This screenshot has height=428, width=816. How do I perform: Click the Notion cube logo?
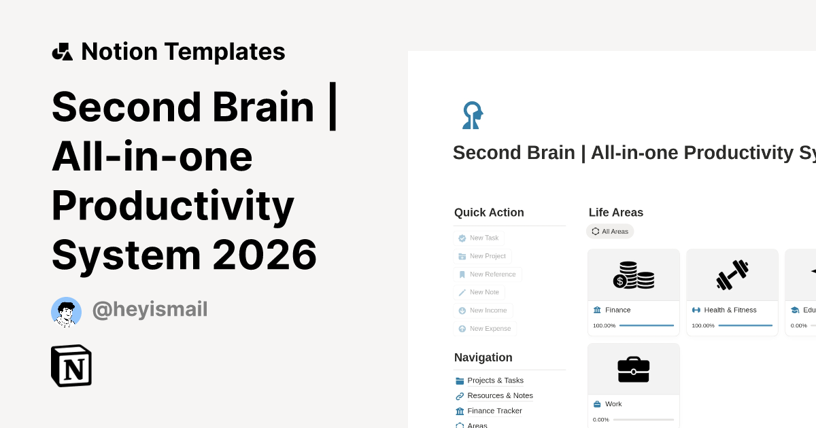71,365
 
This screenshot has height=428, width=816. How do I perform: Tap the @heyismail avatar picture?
66,312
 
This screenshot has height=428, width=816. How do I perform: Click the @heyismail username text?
150,310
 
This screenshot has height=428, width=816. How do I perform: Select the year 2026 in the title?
265,255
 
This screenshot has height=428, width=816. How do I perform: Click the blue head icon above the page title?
472,115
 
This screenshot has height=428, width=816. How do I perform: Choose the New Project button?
482,256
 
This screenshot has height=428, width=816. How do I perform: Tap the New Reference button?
487,274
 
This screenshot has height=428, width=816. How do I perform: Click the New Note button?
479,292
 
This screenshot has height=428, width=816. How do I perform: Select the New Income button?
483,310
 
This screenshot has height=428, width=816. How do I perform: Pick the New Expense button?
485,329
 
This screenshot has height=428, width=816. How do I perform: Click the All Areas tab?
610,232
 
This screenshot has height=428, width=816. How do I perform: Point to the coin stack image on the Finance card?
634,275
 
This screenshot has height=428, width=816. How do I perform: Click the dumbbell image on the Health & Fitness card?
732,275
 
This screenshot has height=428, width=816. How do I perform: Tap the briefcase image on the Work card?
634,370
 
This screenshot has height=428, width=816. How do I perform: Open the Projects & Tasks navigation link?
495,380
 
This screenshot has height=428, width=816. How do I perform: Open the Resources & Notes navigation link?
500,395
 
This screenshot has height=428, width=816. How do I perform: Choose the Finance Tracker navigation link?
494,411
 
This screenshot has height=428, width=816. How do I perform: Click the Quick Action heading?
489,213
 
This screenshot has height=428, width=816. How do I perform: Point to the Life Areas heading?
616,213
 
